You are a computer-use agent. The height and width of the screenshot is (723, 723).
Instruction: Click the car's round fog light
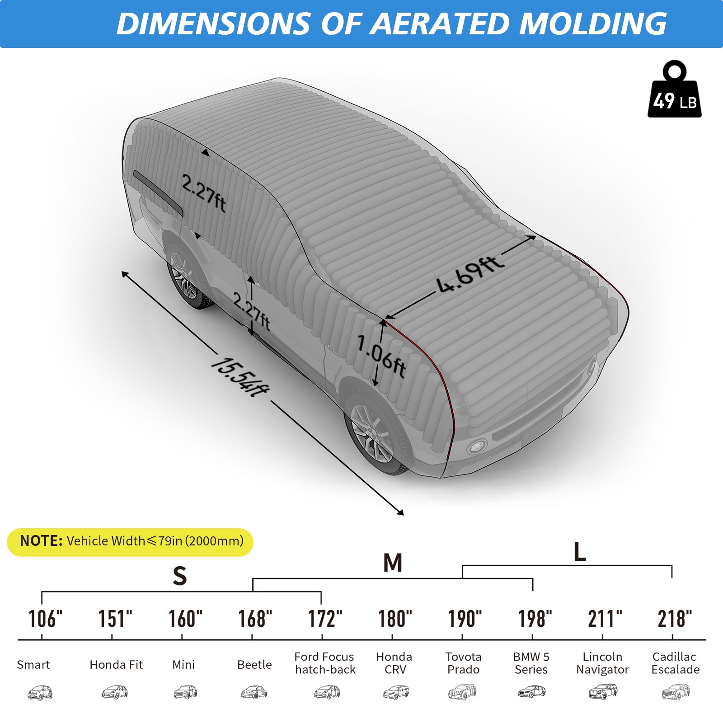[476, 447]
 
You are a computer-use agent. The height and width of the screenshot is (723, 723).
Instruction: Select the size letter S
[180, 576]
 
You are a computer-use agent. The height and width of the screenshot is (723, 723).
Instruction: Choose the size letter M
[393, 563]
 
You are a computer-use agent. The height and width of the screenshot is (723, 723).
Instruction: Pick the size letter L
[579, 552]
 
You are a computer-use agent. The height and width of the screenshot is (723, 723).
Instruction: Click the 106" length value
[45, 619]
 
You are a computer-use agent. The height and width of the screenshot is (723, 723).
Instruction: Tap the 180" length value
[395, 619]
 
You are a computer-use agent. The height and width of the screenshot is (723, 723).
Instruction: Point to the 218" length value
[674, 619]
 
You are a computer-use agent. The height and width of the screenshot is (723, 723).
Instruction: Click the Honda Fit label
[116, 665]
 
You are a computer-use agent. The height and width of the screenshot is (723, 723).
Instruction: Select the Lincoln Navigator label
[602, 663]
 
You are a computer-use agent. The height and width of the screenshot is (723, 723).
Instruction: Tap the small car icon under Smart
[40, 692]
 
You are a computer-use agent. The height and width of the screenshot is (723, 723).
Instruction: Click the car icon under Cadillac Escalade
[676, 691]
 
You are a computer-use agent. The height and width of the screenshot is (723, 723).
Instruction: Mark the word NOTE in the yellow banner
[41, 541]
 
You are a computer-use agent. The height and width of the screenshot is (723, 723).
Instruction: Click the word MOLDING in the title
[592, 23]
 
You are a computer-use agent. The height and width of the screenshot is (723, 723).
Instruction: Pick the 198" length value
[535, 619]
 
